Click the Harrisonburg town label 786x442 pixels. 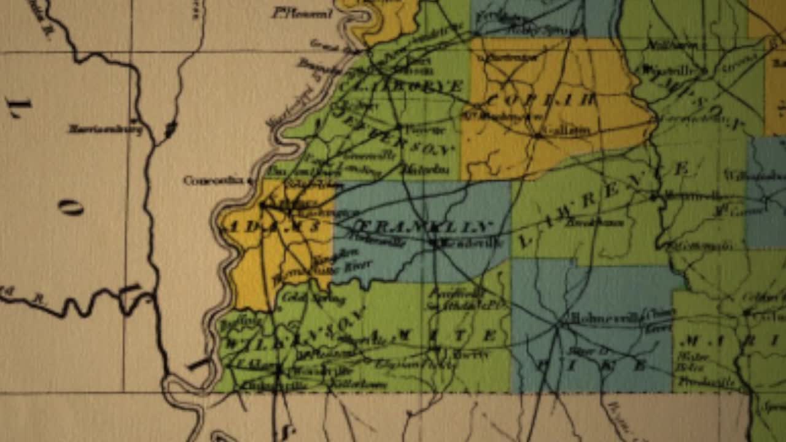click(x=105, y=130)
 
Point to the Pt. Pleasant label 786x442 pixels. click(x=303, y=13)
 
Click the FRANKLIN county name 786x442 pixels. click(x=424, y=226)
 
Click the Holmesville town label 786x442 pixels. click(x=607, y=318)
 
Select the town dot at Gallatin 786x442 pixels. click(x=539, y=135)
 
